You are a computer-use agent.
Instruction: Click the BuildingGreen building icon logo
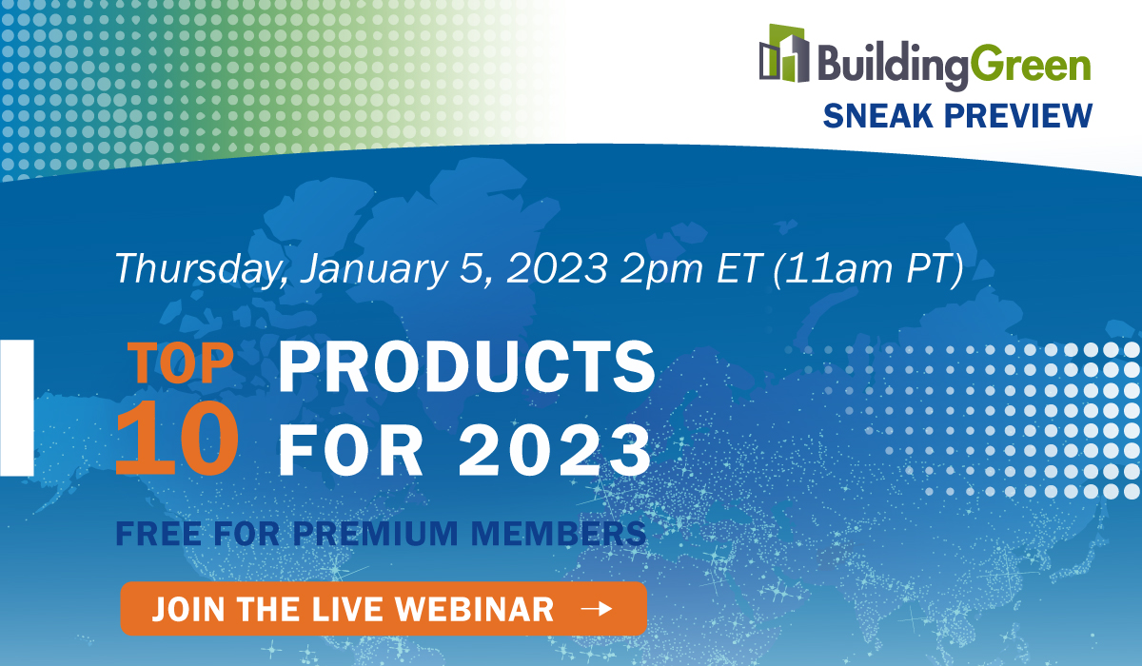coord(784,53)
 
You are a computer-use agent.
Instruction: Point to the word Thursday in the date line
coord(200,268)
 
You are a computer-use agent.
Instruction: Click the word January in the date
coord(374,268)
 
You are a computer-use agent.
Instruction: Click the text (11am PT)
coord(868,269)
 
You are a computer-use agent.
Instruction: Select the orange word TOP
coord(181,362)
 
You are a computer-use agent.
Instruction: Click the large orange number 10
coord(177,439)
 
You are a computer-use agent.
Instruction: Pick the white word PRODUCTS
coord(466,366)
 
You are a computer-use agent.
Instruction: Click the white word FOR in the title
coord(350,451)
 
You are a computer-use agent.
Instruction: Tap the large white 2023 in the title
coord(555,451)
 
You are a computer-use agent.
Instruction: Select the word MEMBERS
coord(559,534)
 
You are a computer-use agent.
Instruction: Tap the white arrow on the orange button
coord(597,608)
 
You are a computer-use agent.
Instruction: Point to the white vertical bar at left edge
coord(17,407)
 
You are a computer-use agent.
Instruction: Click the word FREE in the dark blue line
coord(159,534)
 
